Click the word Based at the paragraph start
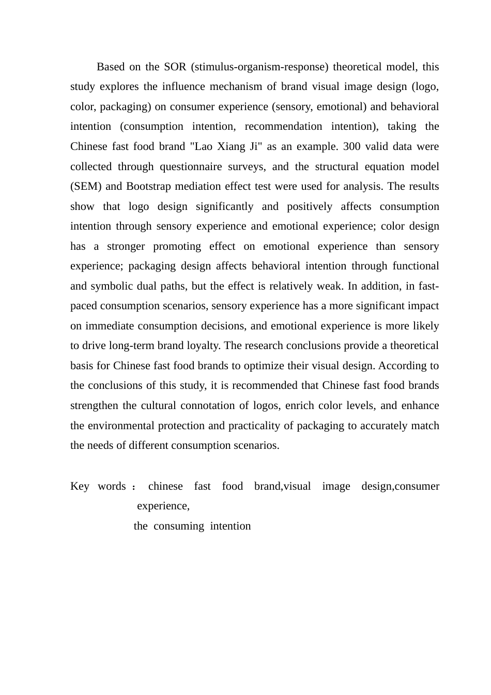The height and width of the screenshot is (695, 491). pyautogui.click(x=111, y=67)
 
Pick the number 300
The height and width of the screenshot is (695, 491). pyautogui.click(x=351, y=146)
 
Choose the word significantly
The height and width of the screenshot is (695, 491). pyautogui.click(x=224, y=206)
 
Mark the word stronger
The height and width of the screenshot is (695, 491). pyautogui.click(x=126, y=246)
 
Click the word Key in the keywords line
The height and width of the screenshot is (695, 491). pyautogui.click(x=80, y=486)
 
